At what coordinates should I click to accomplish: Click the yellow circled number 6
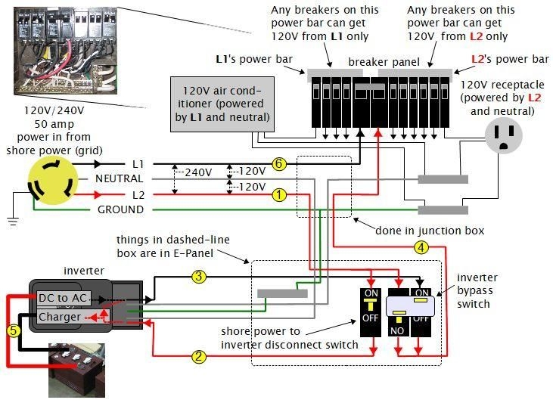[x=278, y=164]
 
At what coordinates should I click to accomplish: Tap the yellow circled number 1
[x=278, y=195]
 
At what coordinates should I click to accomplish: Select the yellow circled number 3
[x=199, y=277]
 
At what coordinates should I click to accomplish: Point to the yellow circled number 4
[x=421, y=246]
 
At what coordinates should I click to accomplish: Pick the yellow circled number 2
[x=197, y=356]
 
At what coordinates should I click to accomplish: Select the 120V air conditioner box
[x=222, y=104]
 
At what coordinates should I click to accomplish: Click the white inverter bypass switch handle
[x=409, y=305]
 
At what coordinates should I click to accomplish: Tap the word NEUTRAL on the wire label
[x=119, y=178]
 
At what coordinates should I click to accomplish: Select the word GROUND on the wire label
[x=120, y=209]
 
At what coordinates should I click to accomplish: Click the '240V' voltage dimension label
[x=198, y=172]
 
